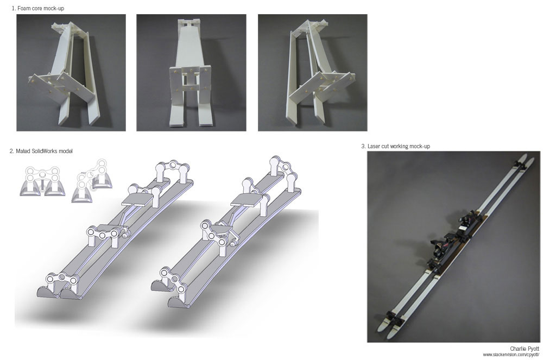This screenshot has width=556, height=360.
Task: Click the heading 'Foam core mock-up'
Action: point(41,8)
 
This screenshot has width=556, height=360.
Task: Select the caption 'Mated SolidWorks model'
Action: point(44,151)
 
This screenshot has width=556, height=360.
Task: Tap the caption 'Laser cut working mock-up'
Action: point(399,146)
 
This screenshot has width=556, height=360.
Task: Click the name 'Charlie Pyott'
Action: point(525,349)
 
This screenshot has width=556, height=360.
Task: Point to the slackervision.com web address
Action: point(511,355)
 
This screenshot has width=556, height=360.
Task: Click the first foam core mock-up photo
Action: point(71,73)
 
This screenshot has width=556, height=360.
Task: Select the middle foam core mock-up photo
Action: point(191,73)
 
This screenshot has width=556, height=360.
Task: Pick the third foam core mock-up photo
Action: point(312,73)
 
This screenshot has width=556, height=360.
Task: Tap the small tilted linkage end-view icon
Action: point(92,181)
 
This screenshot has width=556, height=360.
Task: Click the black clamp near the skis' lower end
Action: point(394,318)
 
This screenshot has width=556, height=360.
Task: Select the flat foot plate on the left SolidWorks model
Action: point(136,201)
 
